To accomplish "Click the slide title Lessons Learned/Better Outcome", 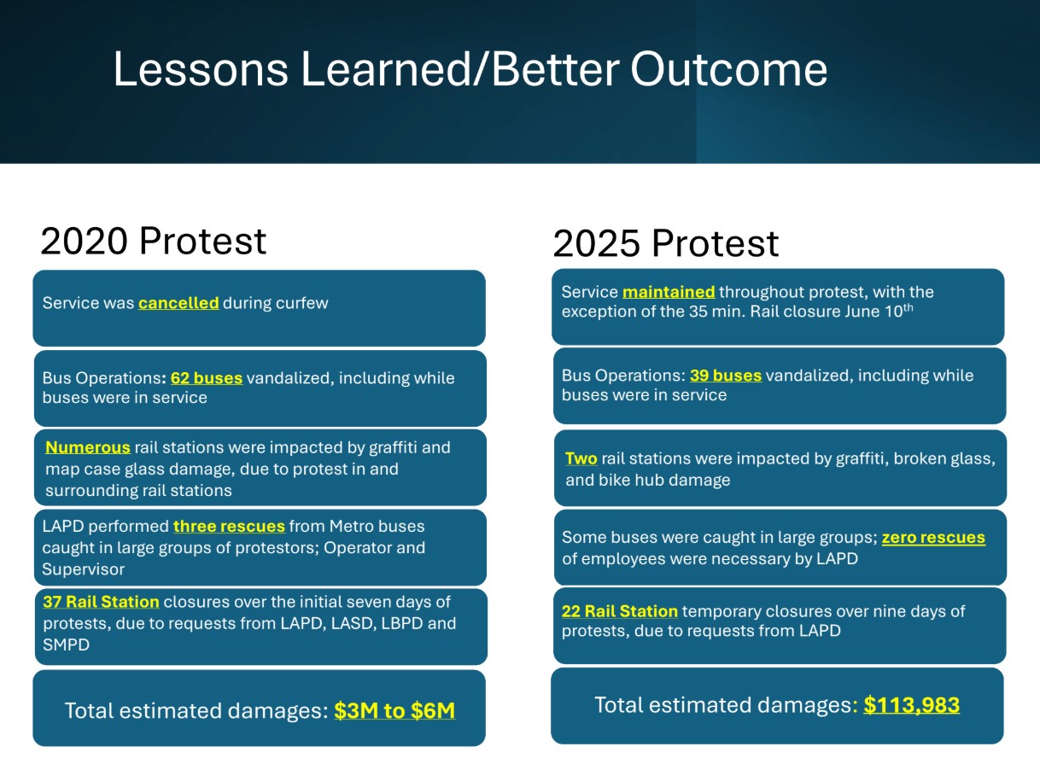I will click(470, 69).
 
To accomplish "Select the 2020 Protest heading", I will click(154, 241).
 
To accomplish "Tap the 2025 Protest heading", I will click(665, 243).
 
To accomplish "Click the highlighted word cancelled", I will click(178, 303).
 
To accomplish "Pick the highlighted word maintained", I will click(669, 292).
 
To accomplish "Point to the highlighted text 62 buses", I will click(207, 377).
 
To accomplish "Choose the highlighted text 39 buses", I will click(726, 376).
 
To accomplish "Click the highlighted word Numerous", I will click(88, 447).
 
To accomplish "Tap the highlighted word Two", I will click(581, 459).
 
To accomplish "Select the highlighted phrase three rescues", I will click(229, 526).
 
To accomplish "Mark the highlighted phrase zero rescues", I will click(933, 538).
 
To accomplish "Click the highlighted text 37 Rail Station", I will click(101, 602).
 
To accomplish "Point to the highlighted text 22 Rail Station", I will click(620, 611).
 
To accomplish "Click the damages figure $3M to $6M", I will click(394, 710).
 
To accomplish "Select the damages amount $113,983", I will click(911, 705).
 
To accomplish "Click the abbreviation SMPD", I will click(66, 644).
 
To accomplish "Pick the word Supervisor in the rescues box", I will click(83, 569).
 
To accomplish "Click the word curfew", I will click(301, 303).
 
